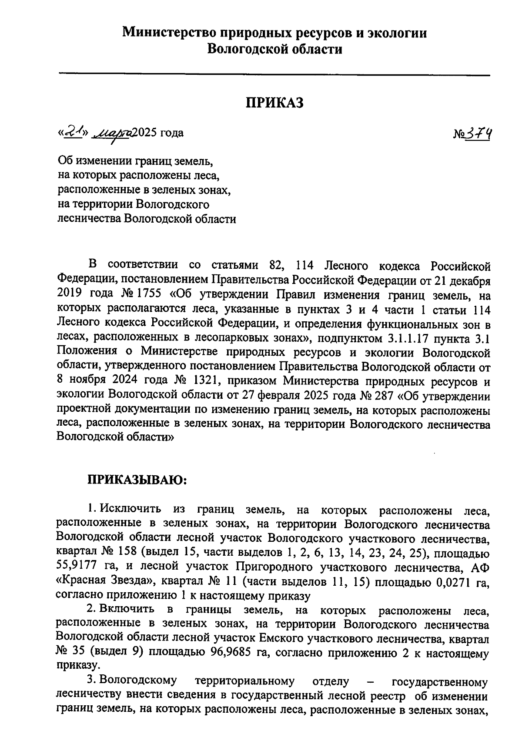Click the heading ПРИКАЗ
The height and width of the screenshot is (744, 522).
(274, 103)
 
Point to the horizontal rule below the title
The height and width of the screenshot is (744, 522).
(274, 75)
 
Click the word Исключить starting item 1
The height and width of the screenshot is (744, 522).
(130, 508)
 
